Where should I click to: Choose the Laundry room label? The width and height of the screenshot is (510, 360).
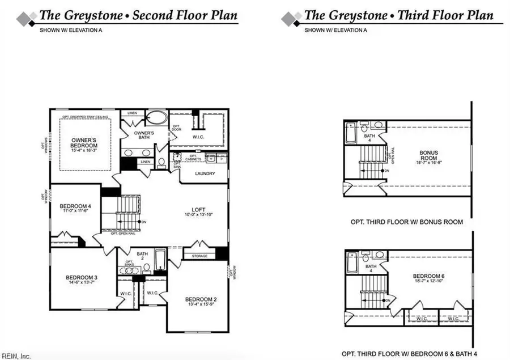click(205, 173)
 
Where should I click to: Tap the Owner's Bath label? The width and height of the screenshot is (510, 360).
click(144, 134)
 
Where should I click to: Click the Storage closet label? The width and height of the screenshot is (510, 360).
click(199, 256)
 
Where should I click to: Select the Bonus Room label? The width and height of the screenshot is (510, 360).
click(430, 155)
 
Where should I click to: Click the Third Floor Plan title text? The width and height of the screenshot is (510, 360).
click(398, 15)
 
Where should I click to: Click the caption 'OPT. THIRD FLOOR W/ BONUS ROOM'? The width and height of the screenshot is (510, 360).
click(406, 222)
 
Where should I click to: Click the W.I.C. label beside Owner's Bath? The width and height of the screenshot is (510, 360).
click(198, 136)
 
